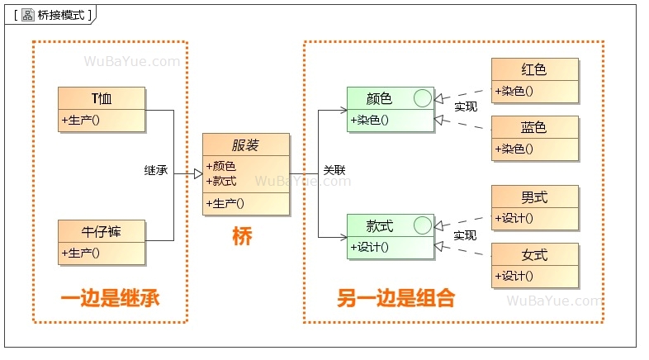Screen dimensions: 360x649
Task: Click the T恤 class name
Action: pyautogui.click(x=102, y=99)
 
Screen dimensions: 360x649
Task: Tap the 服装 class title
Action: pyautogui.click(x=246, y=145)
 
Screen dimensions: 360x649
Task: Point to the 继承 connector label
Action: pyautogui.click(x=156, y=170)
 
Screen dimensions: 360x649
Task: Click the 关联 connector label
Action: pyautogui.click(x=334, y=170)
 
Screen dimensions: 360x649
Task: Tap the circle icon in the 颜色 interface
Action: pyautogui.click(x=422, y=99)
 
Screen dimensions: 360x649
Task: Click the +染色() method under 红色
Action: pyautogui.click(x=514, y=91)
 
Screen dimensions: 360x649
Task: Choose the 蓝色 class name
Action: pyautogui.click(x=534, y=128)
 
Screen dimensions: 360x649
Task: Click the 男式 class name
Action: pyautogui.click(x=534, y=198)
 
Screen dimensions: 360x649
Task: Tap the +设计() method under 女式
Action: pyautogui.click(x=514, y=276)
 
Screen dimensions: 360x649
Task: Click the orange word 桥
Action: pyautogui.click(x=242, y=236)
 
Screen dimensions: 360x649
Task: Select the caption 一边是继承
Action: pyautogui.click(x=110, y=298)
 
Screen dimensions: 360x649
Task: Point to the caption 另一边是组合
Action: pyautogui.click(x=396, y=298)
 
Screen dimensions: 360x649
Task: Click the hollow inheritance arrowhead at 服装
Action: pyautogui.click(x=198, y=174)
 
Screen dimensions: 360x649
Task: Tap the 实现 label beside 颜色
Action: pyautogui.click(x=466, y=107)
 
